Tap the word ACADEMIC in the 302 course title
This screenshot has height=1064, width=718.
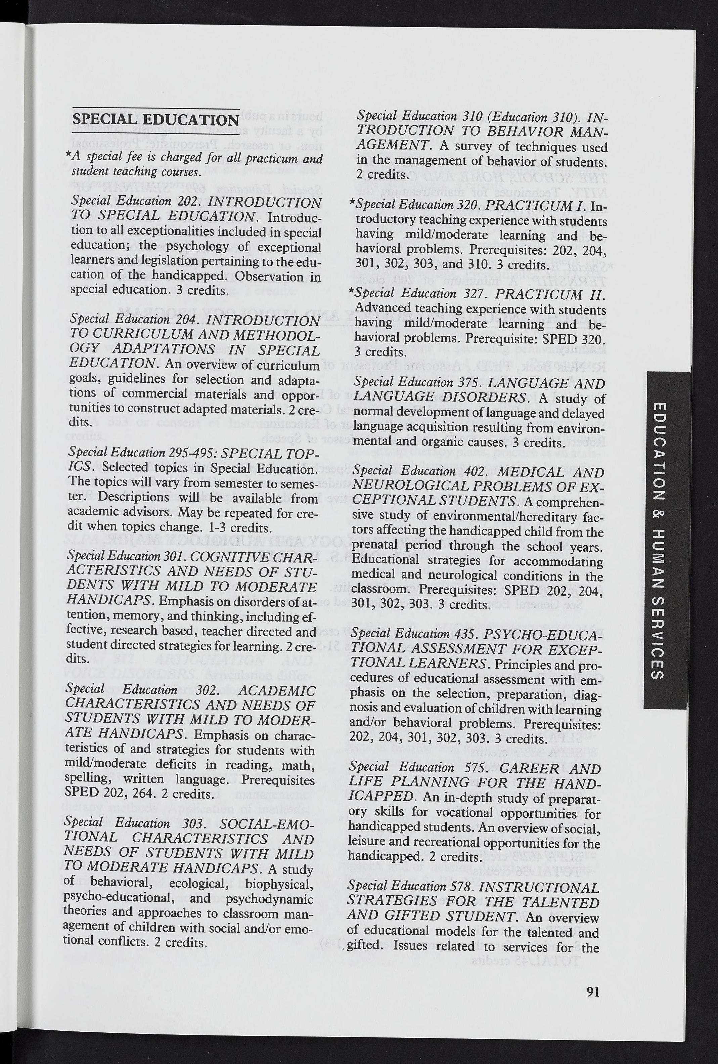pyautogui.click(x=278, y=691)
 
